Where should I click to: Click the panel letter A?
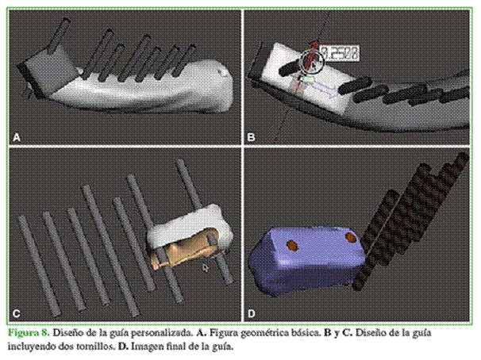(x=17, y=137)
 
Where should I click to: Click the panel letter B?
(x=251, y=137)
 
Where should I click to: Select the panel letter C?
(x=17, y=313)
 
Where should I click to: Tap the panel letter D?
(x=252, y=314)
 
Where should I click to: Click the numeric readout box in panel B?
(x=340, y=53)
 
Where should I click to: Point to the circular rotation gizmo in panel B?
(x=312, y=62)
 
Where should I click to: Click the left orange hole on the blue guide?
(x=292, y=245)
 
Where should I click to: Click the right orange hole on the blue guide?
(x=351, y=237)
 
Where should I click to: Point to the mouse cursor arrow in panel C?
(x=206, y=268)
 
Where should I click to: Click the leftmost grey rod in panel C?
(x=39, y=266)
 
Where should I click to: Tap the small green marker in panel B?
(x=308, y=79)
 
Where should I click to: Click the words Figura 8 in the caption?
(x=29, y=333)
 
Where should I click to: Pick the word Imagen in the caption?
(x=148, y=347)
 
